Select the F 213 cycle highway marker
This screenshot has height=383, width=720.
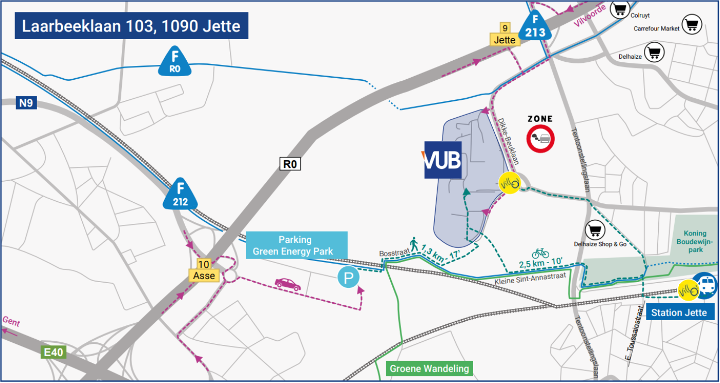535,27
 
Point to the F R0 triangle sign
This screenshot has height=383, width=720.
175,62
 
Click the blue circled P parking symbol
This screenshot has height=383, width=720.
349,278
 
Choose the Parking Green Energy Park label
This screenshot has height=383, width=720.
296,246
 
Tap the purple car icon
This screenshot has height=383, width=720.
287,284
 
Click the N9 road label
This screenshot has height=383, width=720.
26,103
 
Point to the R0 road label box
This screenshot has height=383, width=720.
290,164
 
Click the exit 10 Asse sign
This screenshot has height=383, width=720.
204,271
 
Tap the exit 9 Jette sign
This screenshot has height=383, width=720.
505,35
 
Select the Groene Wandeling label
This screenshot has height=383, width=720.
429,369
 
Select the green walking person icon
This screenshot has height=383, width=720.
413,243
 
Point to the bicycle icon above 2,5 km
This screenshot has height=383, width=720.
540,253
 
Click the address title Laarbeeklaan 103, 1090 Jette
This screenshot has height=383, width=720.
131,26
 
